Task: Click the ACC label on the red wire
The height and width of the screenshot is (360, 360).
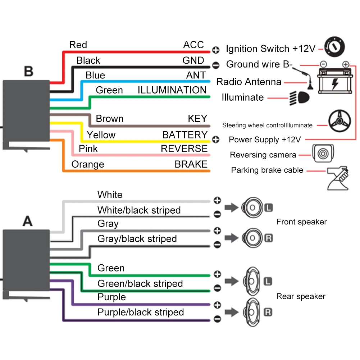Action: [193, 45]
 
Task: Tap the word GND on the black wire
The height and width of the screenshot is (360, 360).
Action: [193, 60]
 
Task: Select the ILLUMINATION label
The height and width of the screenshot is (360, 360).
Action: [172, 90]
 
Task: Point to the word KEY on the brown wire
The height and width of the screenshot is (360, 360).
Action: [197, 119]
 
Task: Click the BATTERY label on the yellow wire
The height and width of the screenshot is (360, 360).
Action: [185, 135]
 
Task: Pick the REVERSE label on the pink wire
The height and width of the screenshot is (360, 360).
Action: [184, 149]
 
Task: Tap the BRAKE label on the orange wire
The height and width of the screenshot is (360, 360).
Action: [191, 164]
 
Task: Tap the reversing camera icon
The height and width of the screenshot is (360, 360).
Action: [323, 152]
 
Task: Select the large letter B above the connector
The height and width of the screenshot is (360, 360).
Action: [28, 71]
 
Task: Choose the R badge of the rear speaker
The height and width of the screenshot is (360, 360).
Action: [268, 312]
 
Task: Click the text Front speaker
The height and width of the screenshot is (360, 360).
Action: [301, 222]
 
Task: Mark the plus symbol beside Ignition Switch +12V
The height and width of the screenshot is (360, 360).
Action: [216, 50]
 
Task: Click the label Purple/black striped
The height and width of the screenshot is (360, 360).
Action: [141, 313]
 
